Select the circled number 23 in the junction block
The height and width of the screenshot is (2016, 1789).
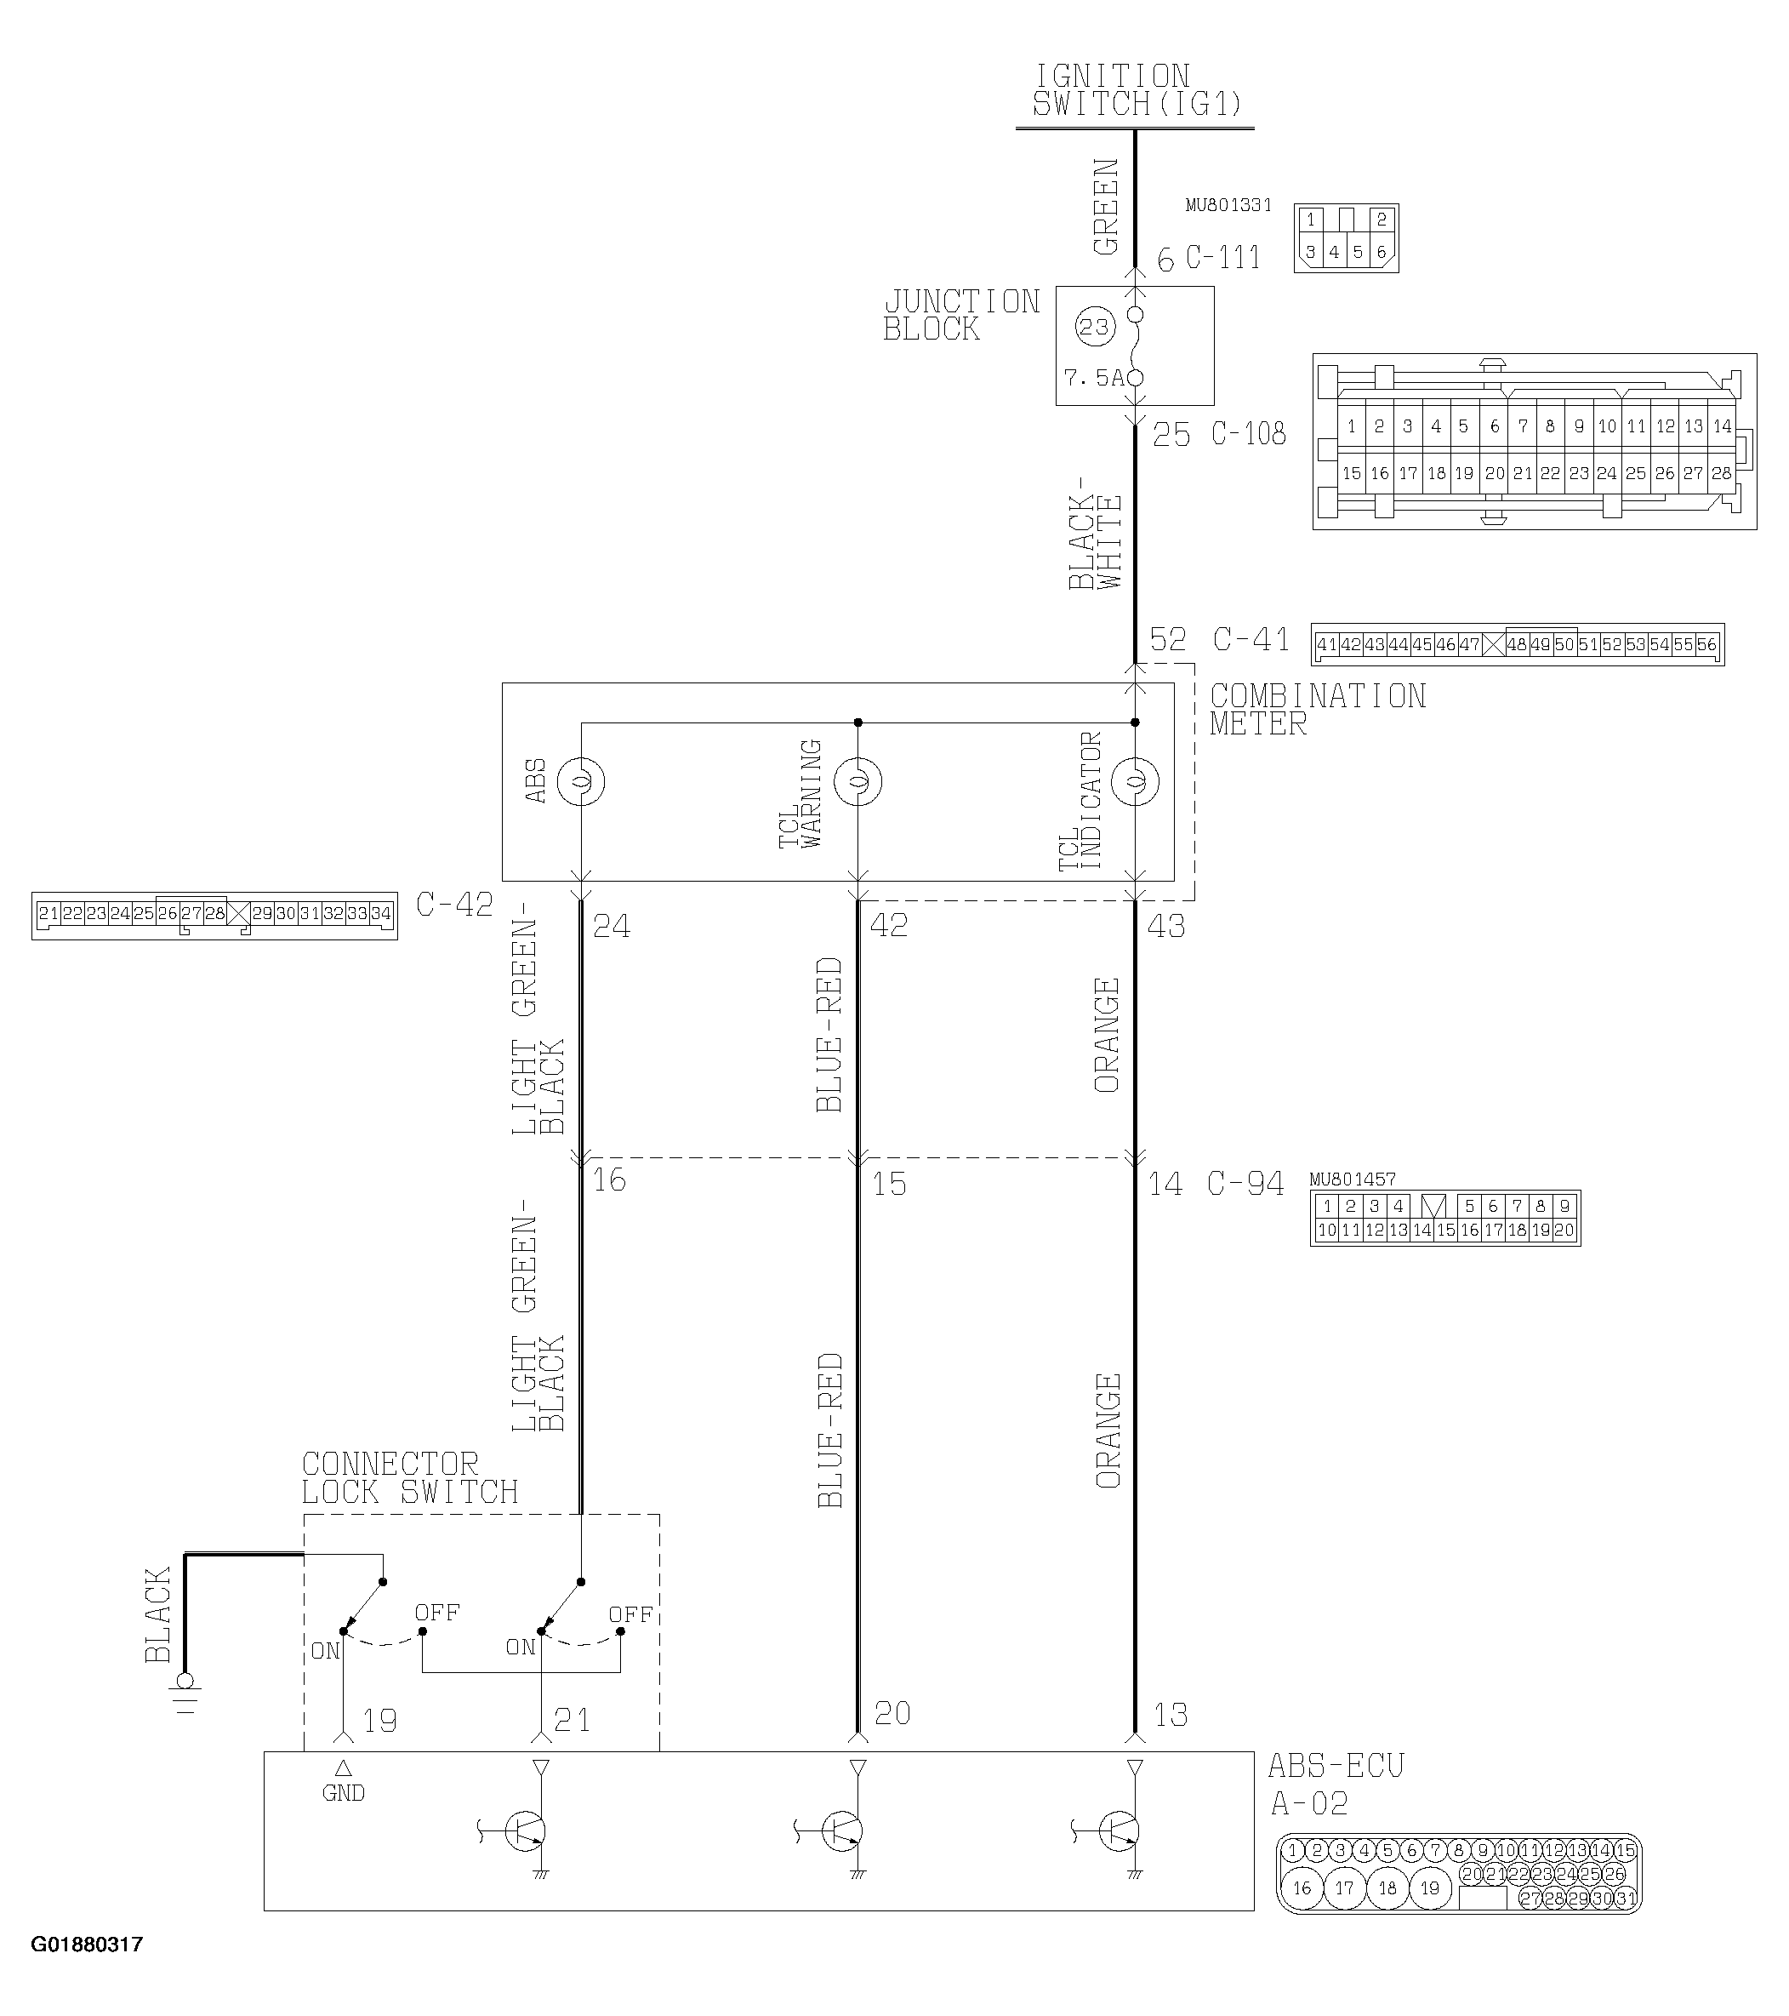click(1094, 328)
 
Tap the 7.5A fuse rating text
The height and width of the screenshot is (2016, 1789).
click(1093, 378)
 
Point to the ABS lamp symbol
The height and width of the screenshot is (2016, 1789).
click(581, 782)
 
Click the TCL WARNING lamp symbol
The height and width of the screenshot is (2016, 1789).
click(858, 782)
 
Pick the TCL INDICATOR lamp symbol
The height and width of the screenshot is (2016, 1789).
click(1135, 782)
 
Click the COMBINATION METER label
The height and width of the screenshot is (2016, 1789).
click(1317, 710)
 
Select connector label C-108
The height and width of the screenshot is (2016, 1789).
click(1249, 434)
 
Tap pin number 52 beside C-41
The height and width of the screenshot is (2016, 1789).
click(1169, 640)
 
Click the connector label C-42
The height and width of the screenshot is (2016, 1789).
click(454, 905)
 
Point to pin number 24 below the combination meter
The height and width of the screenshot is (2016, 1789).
click(612, 926)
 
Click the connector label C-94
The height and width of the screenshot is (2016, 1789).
click(1245, 1184)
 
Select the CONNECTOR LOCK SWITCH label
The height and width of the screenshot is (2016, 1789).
click(409, 1478)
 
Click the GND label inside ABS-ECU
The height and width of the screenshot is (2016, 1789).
click(343, 1793)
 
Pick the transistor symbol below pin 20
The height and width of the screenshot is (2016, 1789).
click(840, 1830)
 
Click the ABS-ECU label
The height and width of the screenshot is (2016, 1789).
click(1336, 1766)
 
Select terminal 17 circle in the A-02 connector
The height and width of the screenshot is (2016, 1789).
click(1344, 1888)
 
